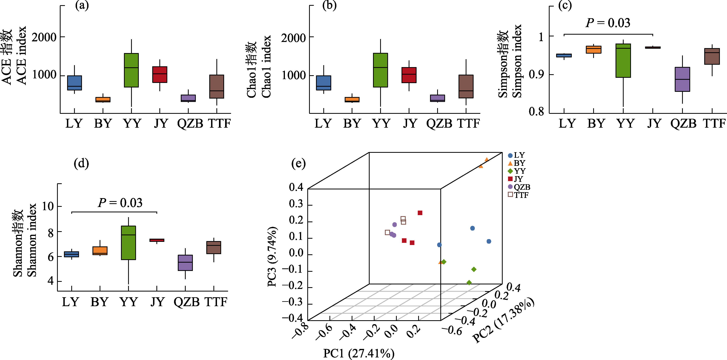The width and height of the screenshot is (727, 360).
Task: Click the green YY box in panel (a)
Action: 131,70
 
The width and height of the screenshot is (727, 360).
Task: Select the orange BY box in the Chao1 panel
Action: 352,100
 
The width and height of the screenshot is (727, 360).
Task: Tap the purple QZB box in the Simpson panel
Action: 682,79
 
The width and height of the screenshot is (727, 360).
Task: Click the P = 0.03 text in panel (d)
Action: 120,203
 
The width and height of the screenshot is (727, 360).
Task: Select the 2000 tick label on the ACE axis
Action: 44,37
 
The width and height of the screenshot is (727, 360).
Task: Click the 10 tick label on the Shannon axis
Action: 48,206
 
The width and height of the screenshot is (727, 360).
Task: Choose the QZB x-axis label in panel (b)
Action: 439,123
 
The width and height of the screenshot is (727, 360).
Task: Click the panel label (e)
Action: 298,164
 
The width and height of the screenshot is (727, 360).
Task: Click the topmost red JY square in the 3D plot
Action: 420,213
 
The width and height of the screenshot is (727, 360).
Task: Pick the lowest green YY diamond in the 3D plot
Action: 469,282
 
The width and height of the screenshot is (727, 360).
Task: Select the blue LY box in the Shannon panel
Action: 71,254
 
